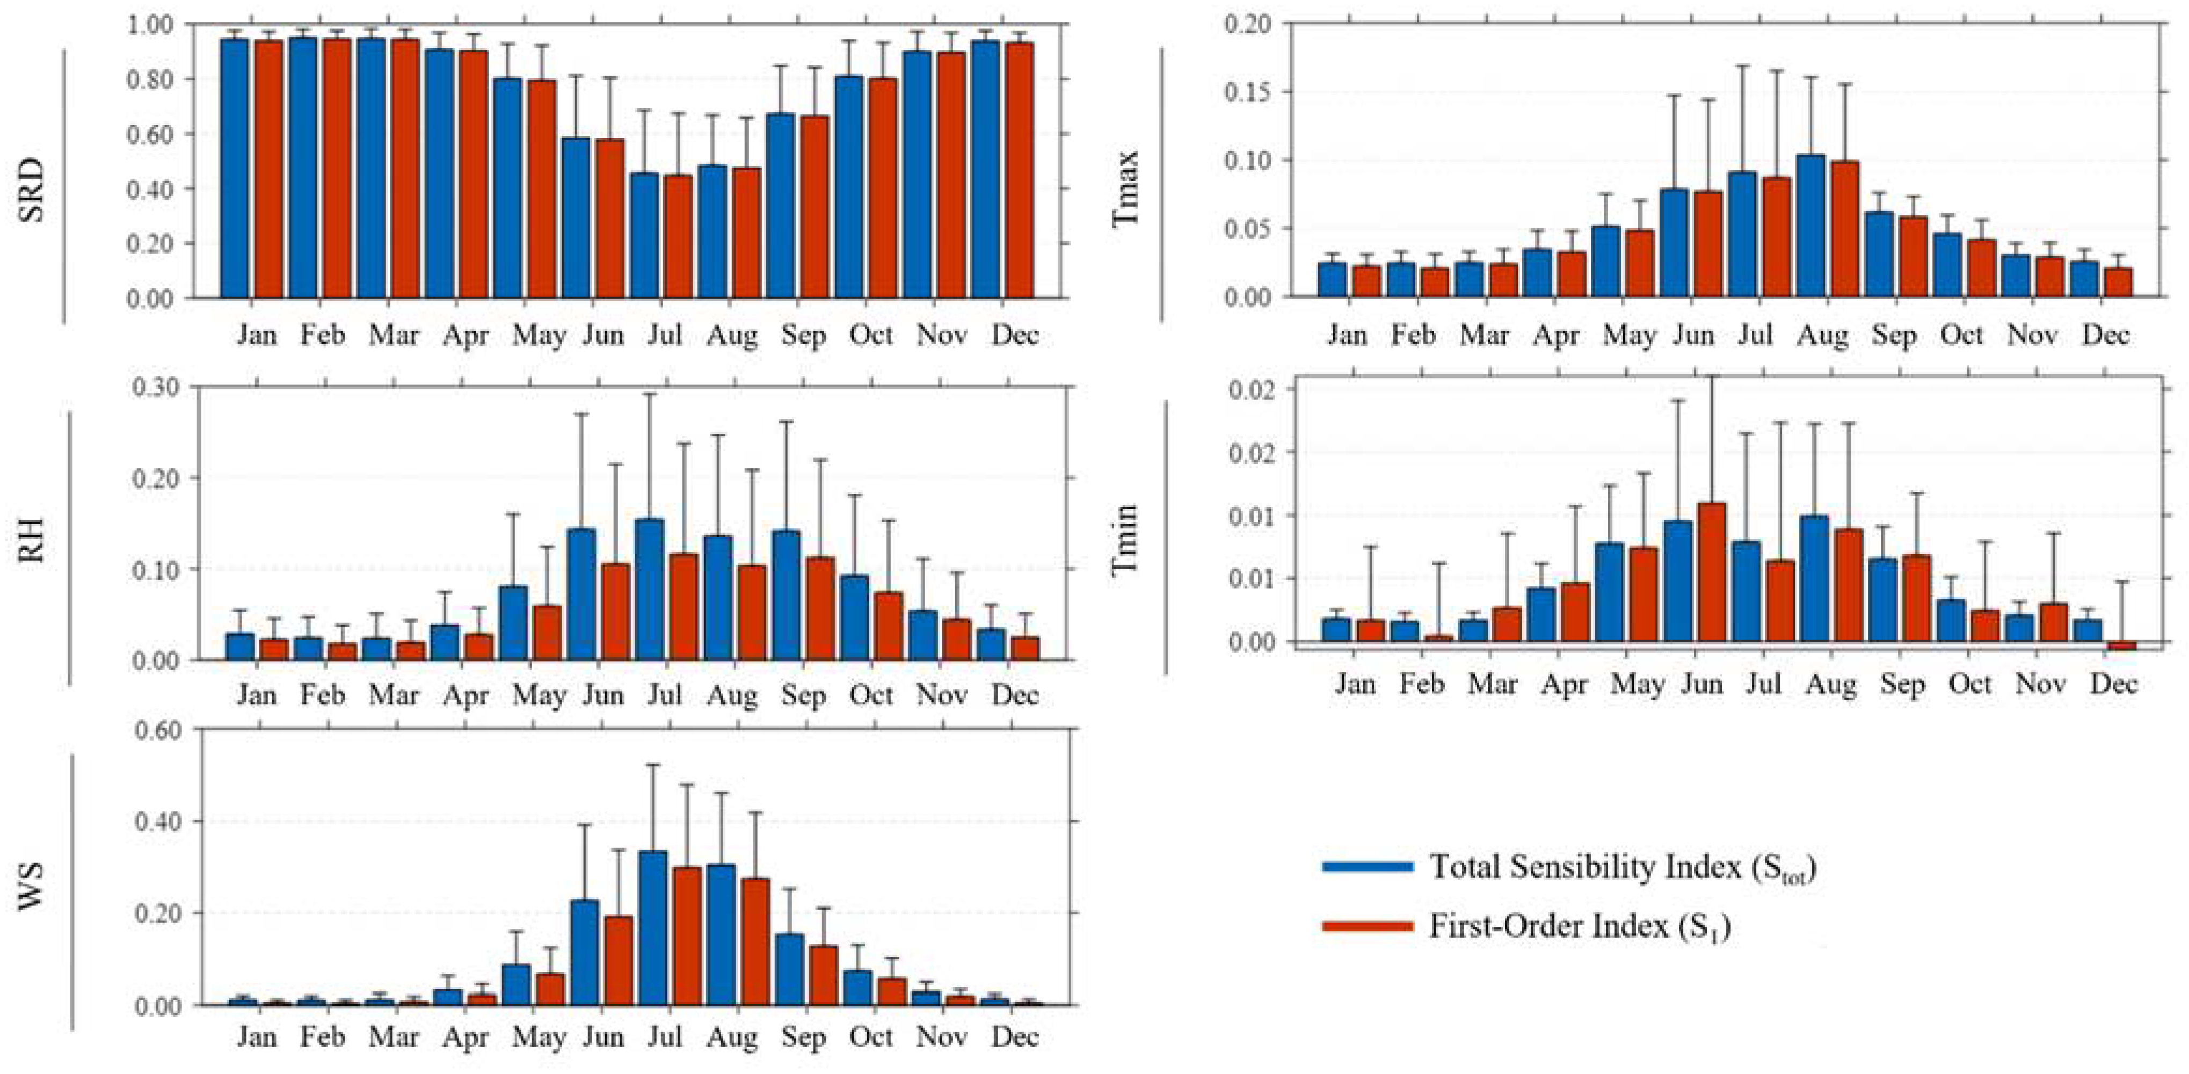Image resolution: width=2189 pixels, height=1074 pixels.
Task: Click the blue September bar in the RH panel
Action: coord(788,595)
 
